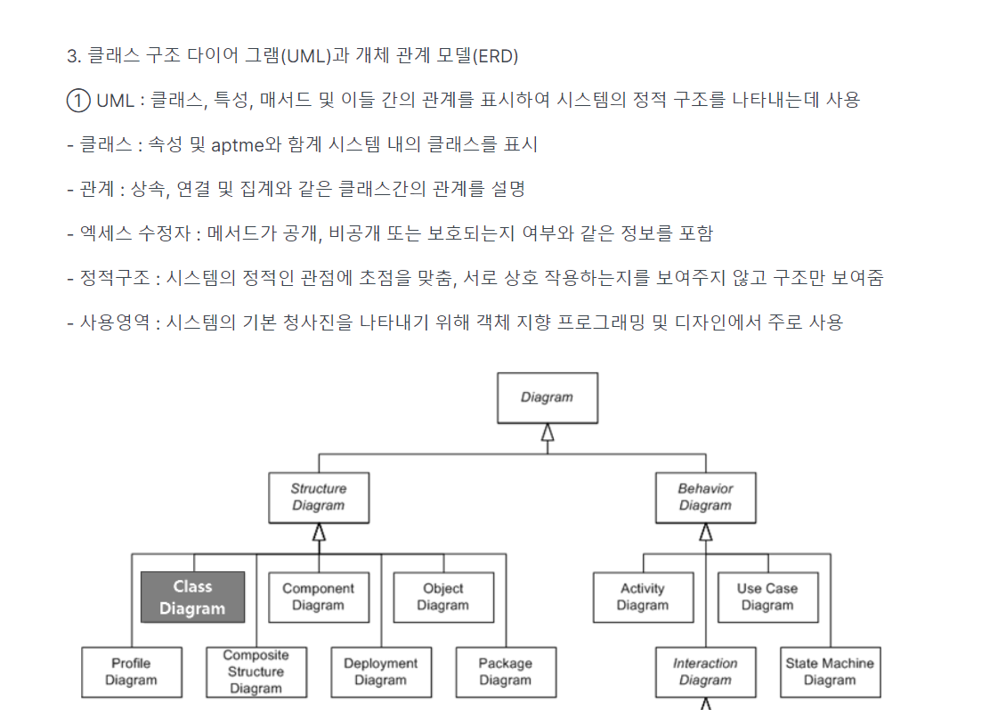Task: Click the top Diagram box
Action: point(547,397)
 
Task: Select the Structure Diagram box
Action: point(318,497)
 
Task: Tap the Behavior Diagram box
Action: point(705,497)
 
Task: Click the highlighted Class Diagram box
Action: point(192,597)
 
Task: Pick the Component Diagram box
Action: point(318,597)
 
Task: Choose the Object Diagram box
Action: point(442,597)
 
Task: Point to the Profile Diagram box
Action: point(131,672)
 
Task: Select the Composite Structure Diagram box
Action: point(256,672)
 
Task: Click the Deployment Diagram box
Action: point(380,672)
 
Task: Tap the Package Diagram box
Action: point(505,672)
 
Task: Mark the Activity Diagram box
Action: point(643,597)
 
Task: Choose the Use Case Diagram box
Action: point(767,597)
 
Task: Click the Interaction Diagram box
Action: point(705,672)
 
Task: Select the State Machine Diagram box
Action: point(830,672)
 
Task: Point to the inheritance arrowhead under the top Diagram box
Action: point(548,432)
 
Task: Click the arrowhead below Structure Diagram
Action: point(319,532)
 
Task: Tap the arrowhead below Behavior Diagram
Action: point(706,532)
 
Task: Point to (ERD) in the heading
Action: point(494,56)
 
